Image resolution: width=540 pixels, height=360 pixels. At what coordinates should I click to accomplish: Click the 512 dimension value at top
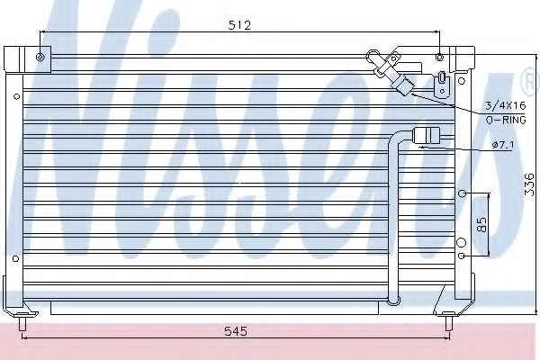pyautogui.click(x=240, y=25)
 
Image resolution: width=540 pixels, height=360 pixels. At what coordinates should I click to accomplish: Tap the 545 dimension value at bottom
pyautogui.click(x=236, y=331)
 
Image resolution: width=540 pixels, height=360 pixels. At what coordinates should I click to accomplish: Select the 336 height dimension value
pyautogui.click(x=529, y=184)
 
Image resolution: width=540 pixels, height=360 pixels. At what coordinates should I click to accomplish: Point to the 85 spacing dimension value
pyautogui.click(x=482, y=224)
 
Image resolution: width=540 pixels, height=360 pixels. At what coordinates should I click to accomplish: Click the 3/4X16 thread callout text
pyautogui.click(x=506, y=105)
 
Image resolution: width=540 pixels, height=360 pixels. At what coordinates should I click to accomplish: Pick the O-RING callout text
pyautogui.click(x=506, y=120)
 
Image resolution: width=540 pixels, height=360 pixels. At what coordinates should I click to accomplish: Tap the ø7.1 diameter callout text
pyautogui.click(x=503, y=145)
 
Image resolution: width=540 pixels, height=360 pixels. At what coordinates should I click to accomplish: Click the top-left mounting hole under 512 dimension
pyautogui.click(x=40, y=57)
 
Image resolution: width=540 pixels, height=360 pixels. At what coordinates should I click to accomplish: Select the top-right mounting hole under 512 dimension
pyautogui.click(x=439, y=57)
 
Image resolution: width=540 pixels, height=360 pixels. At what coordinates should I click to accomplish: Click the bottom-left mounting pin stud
pyautogui.click(x=22, y=323)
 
